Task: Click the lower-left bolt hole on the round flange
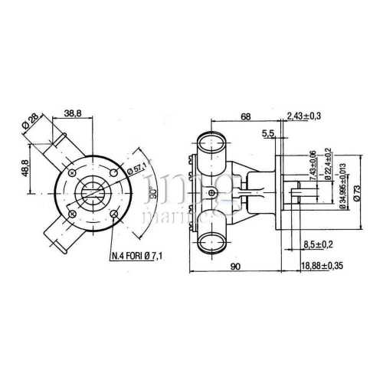coord(71,213)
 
